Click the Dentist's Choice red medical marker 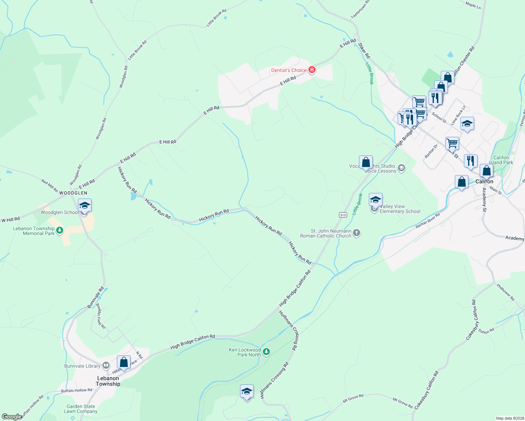(x=312, y=70)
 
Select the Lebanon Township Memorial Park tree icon (x=60, y=230)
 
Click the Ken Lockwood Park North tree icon (x=266, y=352)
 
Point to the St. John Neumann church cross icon (x=357, y=233)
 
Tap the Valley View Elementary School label (x=400, y=209)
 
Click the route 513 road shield (x=343, y=215)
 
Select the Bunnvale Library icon (x=106, y=366)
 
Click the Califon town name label (x=484, y=181)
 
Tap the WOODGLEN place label (x=73, y=193)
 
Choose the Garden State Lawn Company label (x=81, y=409)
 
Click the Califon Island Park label (x=501, y=160)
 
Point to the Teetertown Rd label (x=360, y=9)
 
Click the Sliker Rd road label (x=364, y=51)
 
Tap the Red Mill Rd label (x=49, y=186)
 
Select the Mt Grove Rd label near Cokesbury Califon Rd (x=403, y=403)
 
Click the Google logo (x=11, y=416)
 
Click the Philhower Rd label (x=505, y=292)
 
